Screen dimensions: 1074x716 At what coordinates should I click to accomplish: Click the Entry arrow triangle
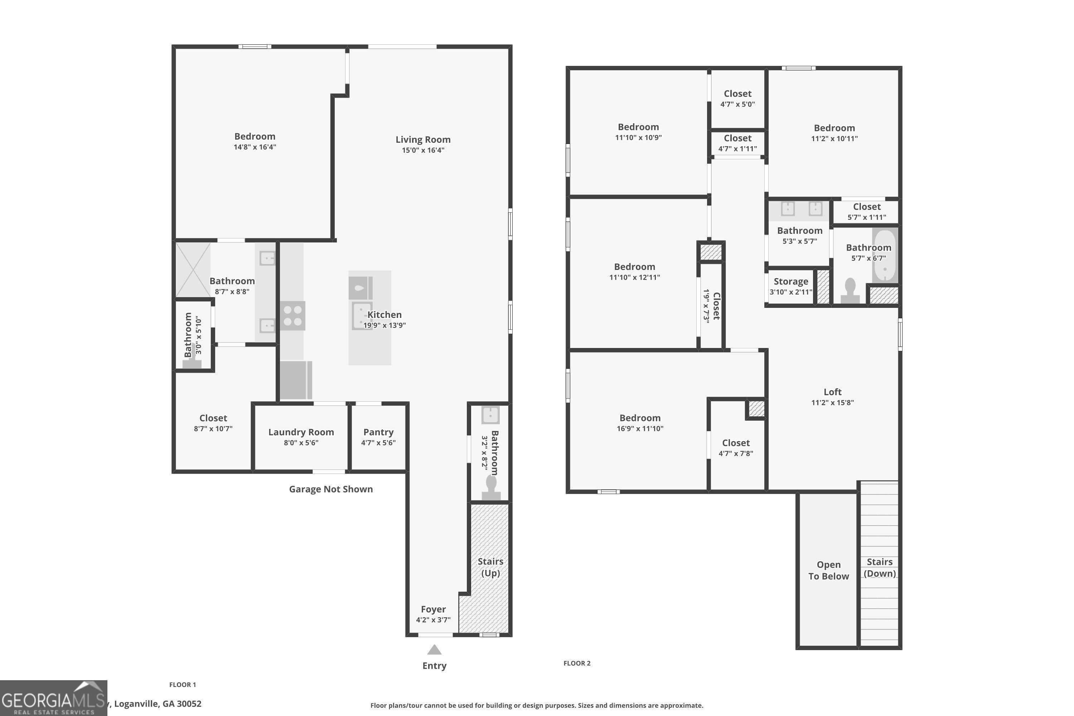click(434, 649)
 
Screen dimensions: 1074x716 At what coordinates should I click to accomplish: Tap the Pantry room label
click(378, 432)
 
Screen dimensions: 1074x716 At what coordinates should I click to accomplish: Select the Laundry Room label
click(301, 432)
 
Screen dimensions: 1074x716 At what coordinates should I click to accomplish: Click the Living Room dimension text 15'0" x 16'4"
click(423, 150)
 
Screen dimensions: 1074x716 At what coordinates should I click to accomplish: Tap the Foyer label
click(433, 610)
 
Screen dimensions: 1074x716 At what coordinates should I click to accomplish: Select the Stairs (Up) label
click(490, 567)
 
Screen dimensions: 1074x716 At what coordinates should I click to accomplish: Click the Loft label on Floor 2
click(832, 392)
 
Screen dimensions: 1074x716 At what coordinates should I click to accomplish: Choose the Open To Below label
click(828, 570)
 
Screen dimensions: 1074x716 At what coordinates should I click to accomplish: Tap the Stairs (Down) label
click(880, 567)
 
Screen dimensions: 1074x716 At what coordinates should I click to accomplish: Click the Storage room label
click(791, 282)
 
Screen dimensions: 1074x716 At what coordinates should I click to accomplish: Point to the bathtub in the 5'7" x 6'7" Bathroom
click(885, 256)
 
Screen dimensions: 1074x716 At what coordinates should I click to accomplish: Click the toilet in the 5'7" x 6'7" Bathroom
click(850, 291)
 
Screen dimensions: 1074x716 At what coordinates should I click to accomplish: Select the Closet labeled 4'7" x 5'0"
click(737, 98)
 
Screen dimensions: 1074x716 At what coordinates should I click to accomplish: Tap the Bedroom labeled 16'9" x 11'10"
click(640, 422)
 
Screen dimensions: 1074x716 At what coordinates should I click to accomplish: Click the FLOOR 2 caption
click(577, 663)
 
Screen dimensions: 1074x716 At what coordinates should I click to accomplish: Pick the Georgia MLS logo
click(53, 698)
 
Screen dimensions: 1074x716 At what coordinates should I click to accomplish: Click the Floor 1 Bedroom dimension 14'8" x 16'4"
click(255, 147)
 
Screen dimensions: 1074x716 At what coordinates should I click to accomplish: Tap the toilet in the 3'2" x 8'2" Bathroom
click(491, 488)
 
